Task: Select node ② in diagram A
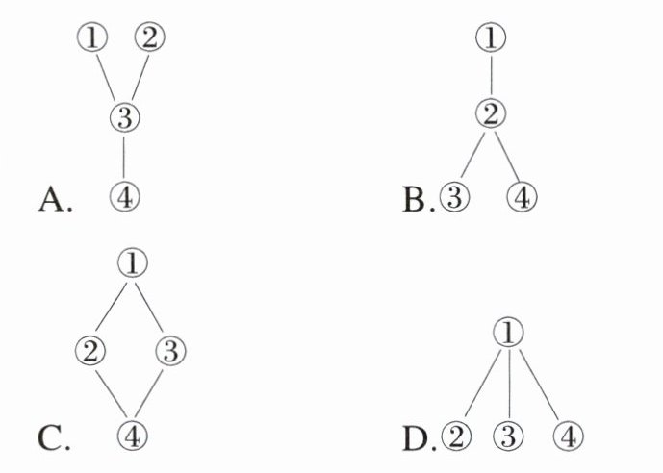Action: (x=151, y=37)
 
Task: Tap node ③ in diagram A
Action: (x=125, y=118)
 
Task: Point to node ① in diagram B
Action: (x=492, y=38)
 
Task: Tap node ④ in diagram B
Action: (x=523, y=197)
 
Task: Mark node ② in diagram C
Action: (x=89, y=350)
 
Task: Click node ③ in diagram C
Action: (x=169, y=350)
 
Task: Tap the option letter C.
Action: (x=53, y=438)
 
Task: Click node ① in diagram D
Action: (x=509, y=333)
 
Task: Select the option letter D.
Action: (x=418, y=438)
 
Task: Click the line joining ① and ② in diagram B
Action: (x=492, y=78)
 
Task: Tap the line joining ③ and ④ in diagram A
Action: (x=125, y=157)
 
